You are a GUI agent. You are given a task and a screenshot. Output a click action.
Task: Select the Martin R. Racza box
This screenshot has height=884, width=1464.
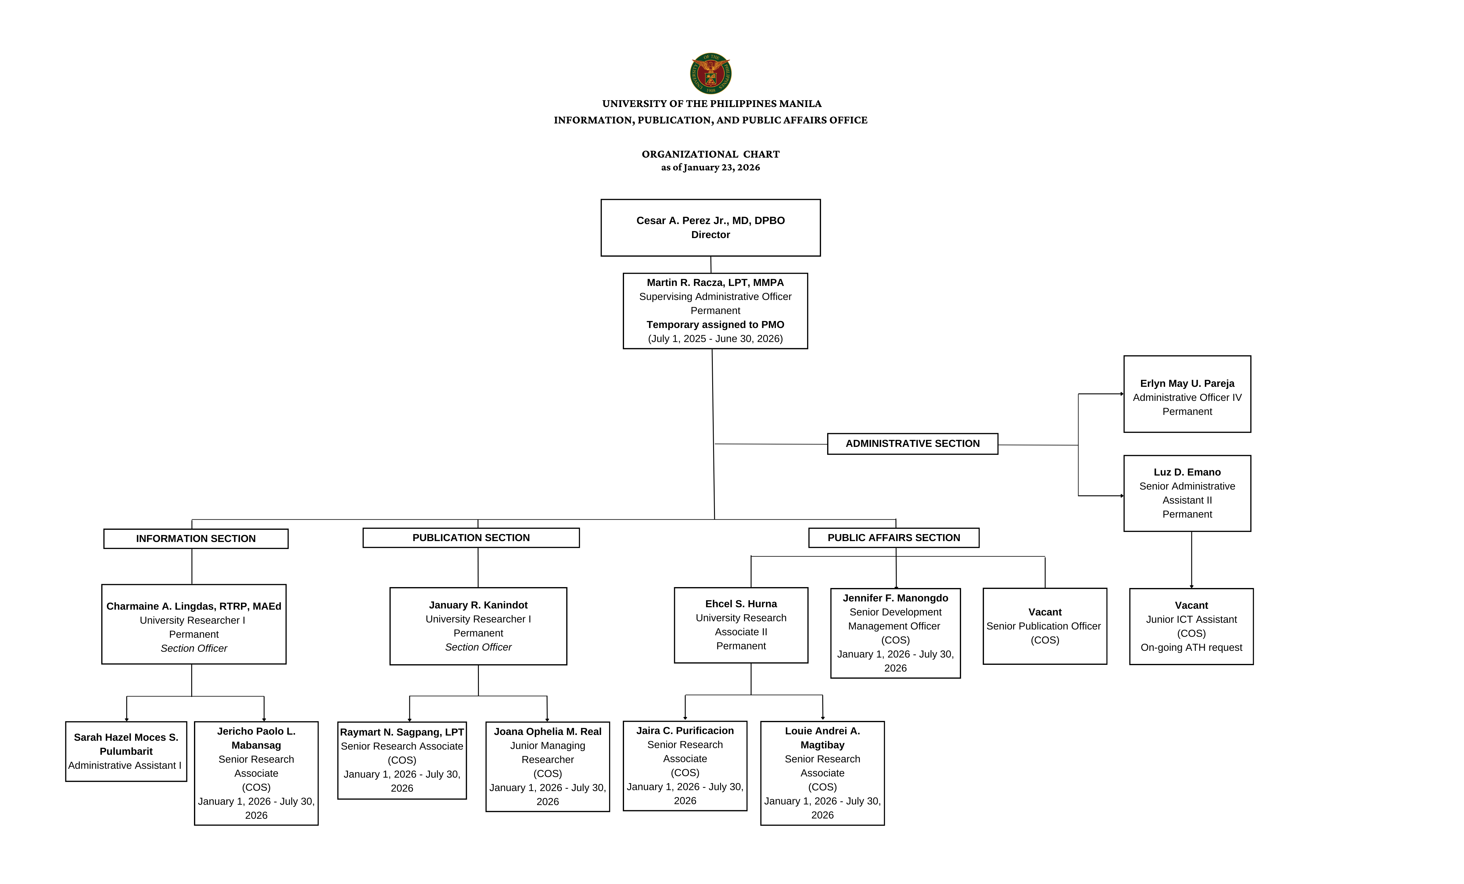click(715, 311)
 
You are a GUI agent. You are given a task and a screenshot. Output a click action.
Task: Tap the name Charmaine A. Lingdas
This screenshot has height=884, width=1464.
click(194, 606)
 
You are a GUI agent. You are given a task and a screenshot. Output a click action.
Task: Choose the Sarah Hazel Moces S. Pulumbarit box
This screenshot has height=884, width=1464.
click(126, 751)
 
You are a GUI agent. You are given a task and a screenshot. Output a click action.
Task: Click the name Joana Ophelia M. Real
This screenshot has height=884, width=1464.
click(547, 731)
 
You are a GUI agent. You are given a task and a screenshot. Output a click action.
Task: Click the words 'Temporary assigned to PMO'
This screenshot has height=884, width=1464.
click(715, 325)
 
